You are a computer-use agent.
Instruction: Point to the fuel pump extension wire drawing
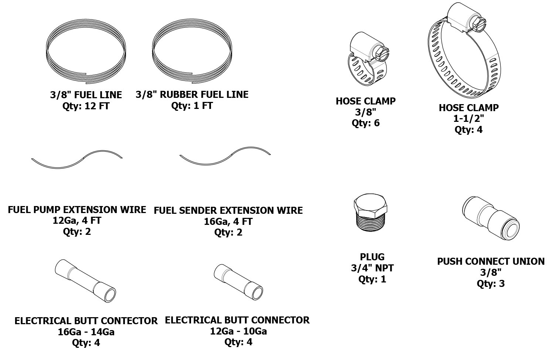pos(77,160)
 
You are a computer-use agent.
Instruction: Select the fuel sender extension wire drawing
pos(225,157)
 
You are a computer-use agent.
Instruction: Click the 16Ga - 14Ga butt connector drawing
pos(85,280)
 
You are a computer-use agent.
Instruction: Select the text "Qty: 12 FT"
pos(86,106)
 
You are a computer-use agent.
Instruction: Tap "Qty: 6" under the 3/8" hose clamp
pos(365,123)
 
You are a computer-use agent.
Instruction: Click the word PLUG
pos(372,257)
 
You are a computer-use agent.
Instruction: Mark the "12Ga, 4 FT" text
pos(77,221)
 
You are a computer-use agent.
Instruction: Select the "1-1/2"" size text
pos(468,119)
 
